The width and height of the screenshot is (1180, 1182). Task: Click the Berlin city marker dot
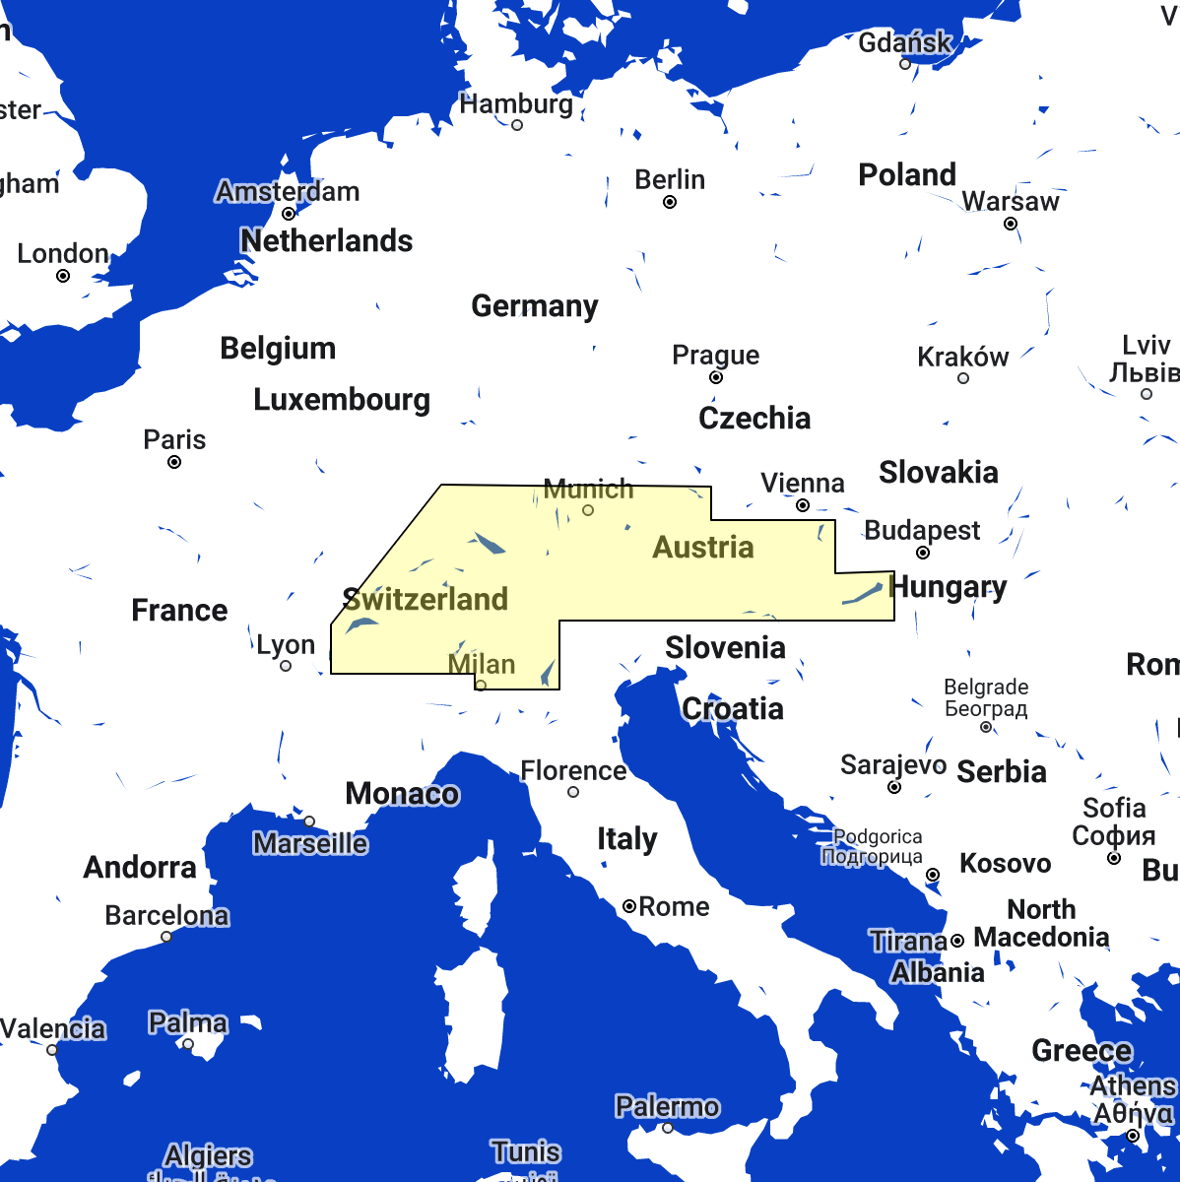(x=670, y=202)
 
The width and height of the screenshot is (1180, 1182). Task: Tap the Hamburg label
(x=516, y=103)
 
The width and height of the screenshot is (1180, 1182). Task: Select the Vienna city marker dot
(x=803, y=505)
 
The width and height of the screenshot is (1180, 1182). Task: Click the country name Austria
(x=703, y=547)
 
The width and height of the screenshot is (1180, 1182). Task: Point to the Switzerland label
(x=426, y=599)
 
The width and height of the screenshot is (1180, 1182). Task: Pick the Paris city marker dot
(x=174, y=462)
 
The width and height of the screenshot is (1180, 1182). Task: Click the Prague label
(x=715, y=355)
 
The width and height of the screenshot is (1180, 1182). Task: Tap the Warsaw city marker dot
(x=1011, y=225)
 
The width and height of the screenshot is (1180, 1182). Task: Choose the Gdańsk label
(x=905, y=42)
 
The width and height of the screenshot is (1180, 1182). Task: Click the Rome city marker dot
(x=628, y=906)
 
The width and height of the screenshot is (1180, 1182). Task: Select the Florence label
(x=573, y=770)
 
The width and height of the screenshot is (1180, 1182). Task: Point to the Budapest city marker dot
(x=923, y=553)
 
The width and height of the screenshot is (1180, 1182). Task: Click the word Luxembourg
(x=342, y=399)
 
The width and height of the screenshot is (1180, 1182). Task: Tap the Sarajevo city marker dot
(x=894, y=787)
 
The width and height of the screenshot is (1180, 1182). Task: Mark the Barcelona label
(x=166, y=915)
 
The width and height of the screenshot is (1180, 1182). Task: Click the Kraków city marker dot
(x=963, y=378)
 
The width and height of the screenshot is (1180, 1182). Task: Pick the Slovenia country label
(x=725, y=647)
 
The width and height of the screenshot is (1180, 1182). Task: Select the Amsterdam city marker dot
(x=289, y=214)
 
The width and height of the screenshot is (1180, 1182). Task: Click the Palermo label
(x=667, y=1106)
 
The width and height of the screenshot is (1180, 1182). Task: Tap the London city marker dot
(x=63, y=276)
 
